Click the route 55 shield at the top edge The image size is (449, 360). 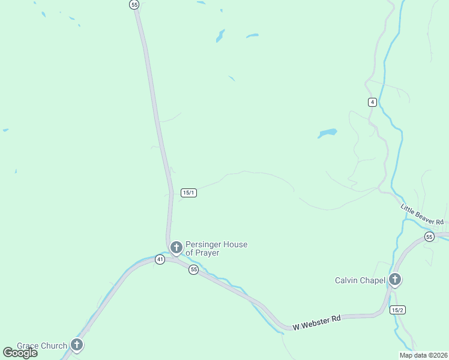coord(134,4)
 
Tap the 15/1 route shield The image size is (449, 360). coord(188,193)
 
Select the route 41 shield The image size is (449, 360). coord(160,259)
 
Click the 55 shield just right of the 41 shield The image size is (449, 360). coord(193,270)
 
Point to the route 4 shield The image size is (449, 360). coord(373,102)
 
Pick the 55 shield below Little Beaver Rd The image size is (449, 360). coord(429,237)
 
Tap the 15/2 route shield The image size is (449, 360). coord(397,310)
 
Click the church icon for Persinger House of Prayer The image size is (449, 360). coord(176,247)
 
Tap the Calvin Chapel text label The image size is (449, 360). coord(359,280)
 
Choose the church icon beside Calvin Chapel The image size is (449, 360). coord(395,279)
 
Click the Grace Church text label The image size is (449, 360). coord(41,346)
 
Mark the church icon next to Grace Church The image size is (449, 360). coord(77,344)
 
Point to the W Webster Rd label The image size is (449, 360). coord(316,322)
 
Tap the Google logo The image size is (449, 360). coord(20,353)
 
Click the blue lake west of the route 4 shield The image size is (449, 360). coord(328,133)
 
